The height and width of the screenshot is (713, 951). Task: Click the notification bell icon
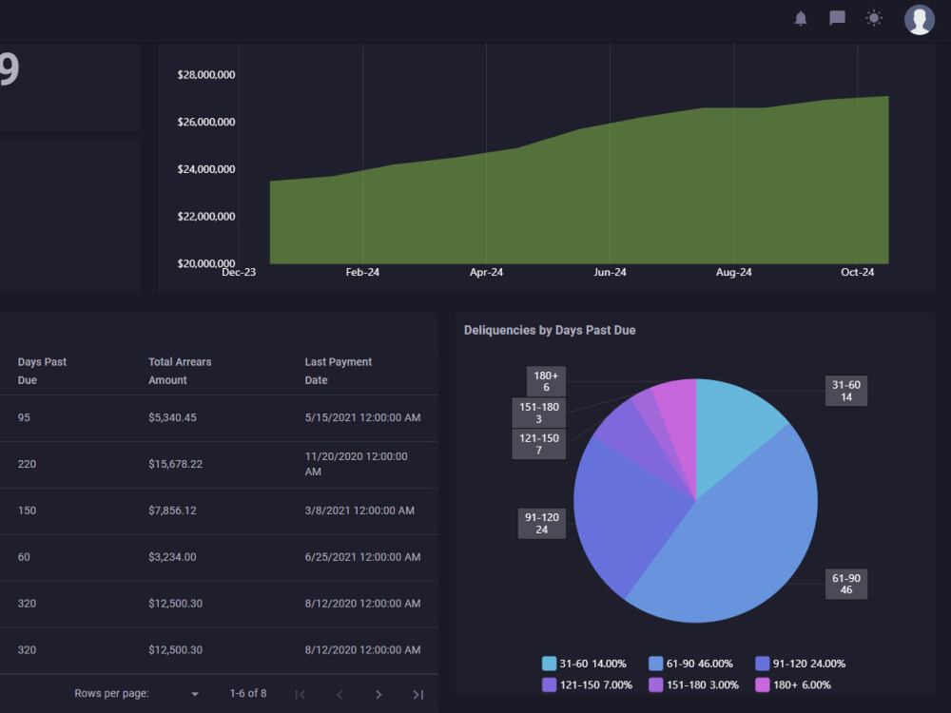point(801,19)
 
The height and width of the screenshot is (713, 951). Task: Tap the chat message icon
point(837,18)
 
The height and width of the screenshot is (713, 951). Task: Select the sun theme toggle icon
point(873,18)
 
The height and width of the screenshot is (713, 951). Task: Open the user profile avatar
point(920,20)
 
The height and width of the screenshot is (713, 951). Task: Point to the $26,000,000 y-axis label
point(206,122)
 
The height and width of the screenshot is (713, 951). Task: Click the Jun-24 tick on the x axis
point(610,272)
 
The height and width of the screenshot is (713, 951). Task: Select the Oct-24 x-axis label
point(857,272)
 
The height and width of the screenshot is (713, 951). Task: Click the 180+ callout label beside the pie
point(546,381)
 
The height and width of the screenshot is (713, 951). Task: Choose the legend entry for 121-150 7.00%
point(587,684)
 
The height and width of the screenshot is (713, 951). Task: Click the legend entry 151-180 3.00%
point(694,684)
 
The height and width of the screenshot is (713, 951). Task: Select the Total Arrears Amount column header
point(180,371)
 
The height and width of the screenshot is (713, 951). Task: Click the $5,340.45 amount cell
point(172,417)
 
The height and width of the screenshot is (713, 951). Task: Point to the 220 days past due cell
point(27,464)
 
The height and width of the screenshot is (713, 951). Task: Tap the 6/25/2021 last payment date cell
point(362,557)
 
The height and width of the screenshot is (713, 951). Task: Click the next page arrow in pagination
point(378,694)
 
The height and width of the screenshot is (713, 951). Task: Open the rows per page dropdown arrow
point(195,694)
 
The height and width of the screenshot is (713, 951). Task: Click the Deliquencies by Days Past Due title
point(550,331)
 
